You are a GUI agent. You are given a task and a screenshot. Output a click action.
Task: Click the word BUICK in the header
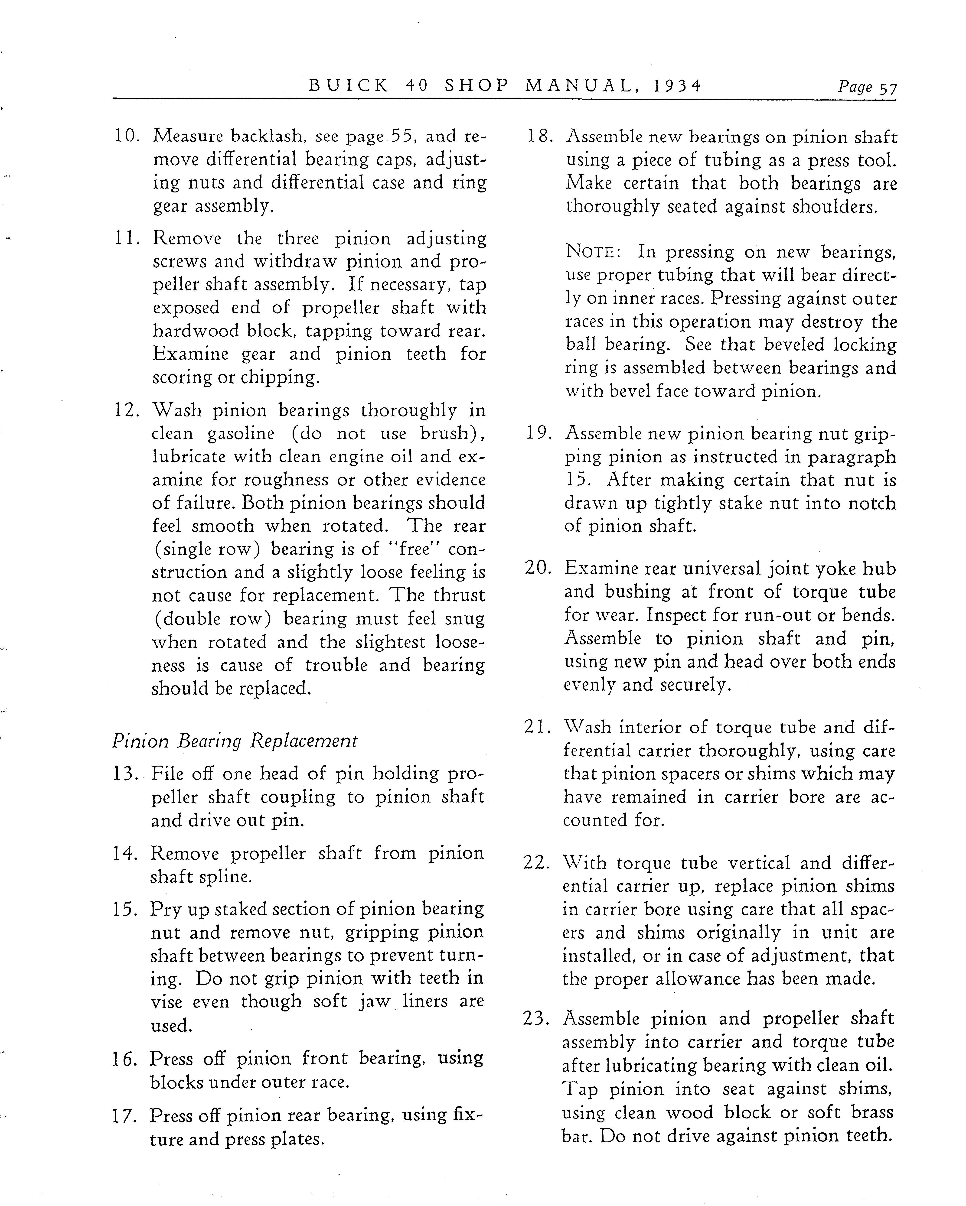click(x=348, y=86)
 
